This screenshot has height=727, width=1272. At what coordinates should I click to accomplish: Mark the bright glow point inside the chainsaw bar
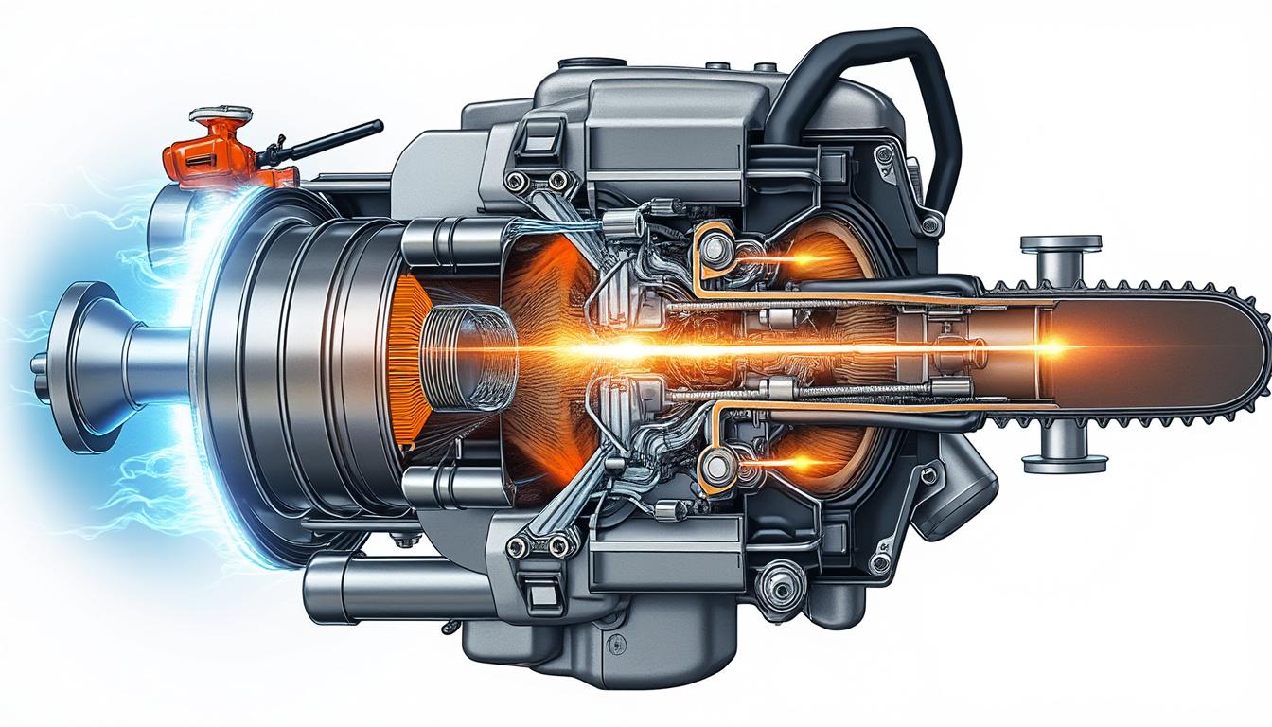(x=1055, y=348)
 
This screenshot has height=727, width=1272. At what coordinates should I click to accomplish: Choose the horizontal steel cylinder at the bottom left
(x=379, y=587)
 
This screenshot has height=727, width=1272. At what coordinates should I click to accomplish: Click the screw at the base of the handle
(x=931, y=223)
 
